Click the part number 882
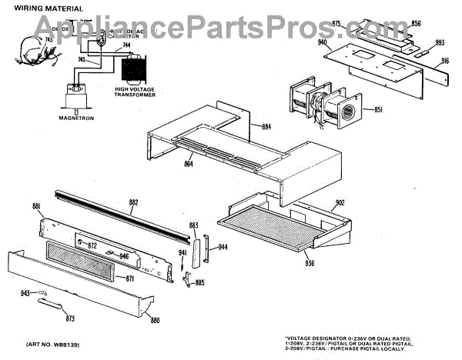(x=133, y=203)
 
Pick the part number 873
(x=71, y=318)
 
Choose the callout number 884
(x=267, y=127)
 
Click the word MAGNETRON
(x=75, y=118)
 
